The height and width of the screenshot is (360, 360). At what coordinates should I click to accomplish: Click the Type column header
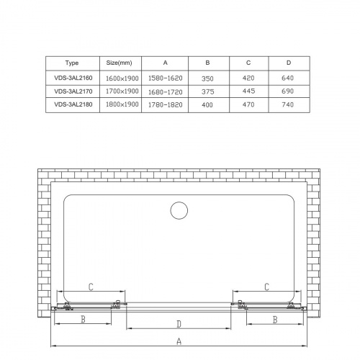pos(71,63)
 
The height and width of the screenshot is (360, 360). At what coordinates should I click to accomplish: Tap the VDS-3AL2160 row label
pos(71,77)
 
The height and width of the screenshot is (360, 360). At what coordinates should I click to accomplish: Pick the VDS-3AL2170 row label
pos(71,91)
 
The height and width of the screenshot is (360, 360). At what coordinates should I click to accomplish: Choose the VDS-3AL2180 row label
pos(71,106)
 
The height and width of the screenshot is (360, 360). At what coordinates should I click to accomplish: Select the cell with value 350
pos(207,77)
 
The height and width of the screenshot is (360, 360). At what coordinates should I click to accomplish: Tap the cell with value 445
pos(248,91)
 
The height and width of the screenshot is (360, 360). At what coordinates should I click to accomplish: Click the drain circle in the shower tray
pos(179,210)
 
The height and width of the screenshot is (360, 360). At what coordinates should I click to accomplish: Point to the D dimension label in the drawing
pos(179,323)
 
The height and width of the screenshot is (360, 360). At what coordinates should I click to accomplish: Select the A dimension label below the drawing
pos(179,342)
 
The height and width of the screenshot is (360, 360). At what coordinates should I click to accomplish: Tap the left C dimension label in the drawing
pos(90,287)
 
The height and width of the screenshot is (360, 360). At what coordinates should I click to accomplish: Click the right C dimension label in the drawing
pos(266,287)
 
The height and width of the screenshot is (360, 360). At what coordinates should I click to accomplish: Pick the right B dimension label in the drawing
pos(275,318)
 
